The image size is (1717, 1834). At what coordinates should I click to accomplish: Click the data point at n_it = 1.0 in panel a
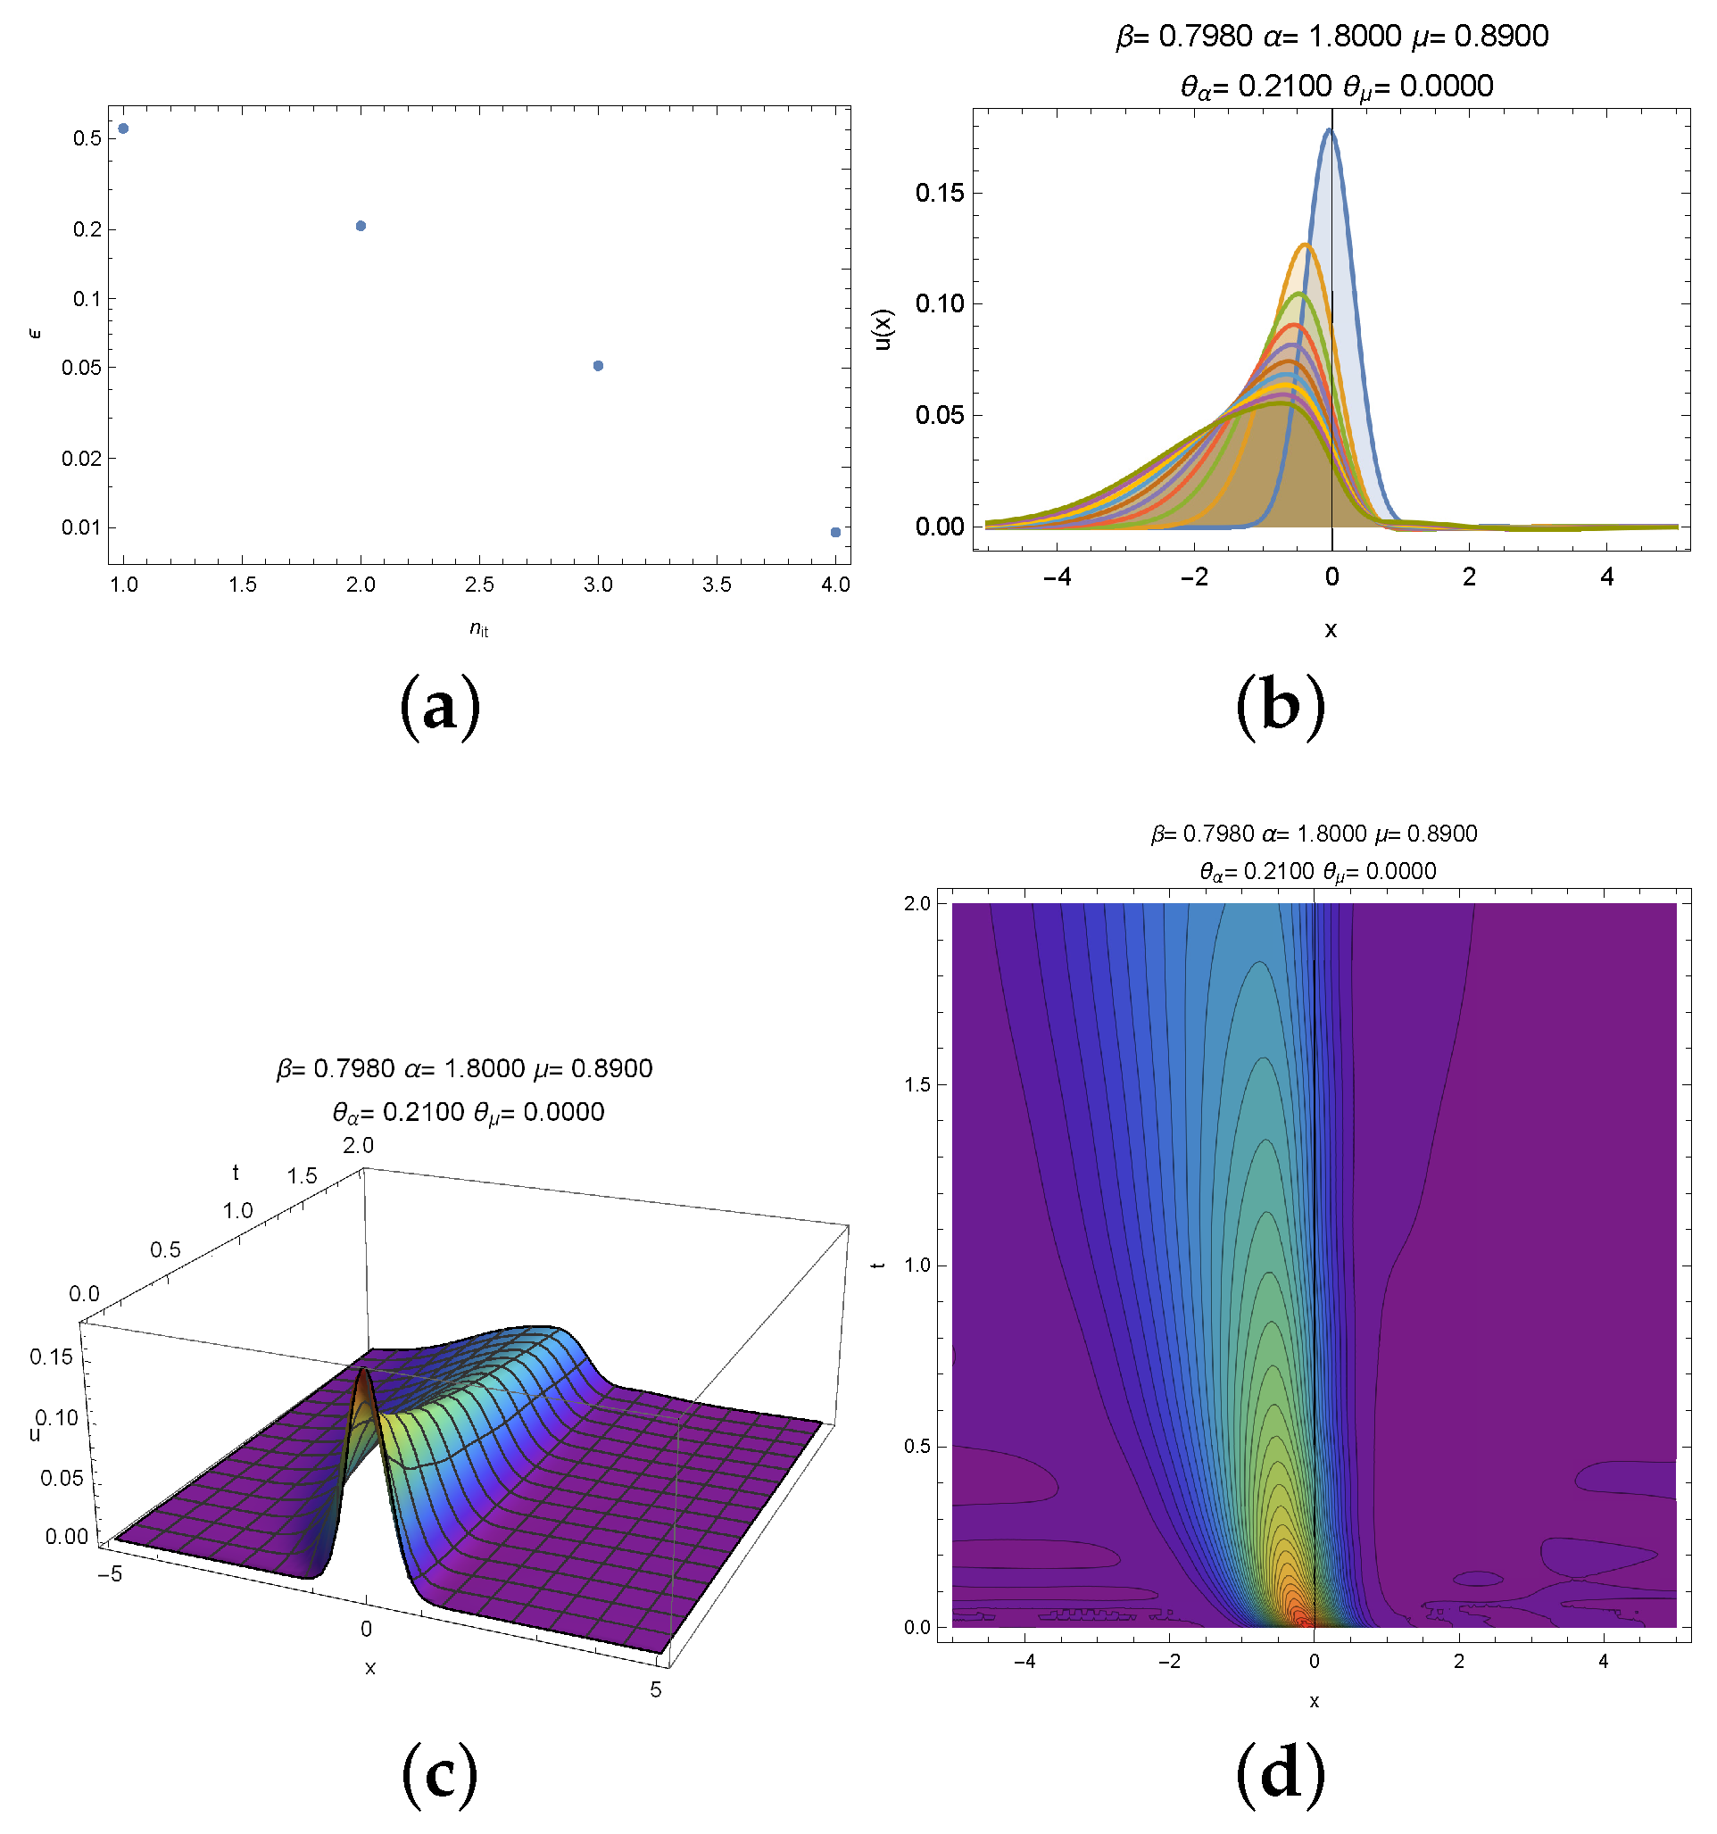[x=124, y=129]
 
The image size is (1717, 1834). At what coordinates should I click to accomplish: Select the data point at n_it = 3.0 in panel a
[x=598, y=366]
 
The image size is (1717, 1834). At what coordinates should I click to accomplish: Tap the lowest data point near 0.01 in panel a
[x=835, y=532]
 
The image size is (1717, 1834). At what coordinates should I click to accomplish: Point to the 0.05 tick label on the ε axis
[x=81, y=368]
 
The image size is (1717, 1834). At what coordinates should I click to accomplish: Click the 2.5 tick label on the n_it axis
[x=479, y=585]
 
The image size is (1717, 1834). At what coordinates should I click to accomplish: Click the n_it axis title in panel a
[x=479, y=629]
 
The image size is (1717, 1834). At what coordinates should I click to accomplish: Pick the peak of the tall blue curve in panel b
[x=1330, y=131]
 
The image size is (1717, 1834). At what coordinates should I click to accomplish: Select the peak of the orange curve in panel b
[x=1305, y=245]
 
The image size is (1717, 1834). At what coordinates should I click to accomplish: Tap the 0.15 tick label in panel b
[x=939, y=193]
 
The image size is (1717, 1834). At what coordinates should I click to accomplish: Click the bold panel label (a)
[x=439, y=708]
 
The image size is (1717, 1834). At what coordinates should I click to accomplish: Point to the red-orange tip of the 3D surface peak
[x=362, y=1372]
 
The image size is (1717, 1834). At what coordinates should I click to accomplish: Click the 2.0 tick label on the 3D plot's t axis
[x=358, y=1146]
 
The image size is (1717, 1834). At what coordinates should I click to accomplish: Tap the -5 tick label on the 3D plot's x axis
[x=109, y=1573]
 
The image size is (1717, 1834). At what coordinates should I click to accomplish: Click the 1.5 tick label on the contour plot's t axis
[x=919, y=1084]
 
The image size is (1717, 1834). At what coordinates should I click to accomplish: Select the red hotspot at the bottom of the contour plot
[x=1301, y=1616]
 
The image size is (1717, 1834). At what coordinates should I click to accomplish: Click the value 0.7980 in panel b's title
[x=1205, y=37]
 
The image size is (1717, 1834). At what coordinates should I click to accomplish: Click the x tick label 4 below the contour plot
[x=1603, y=1662]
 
